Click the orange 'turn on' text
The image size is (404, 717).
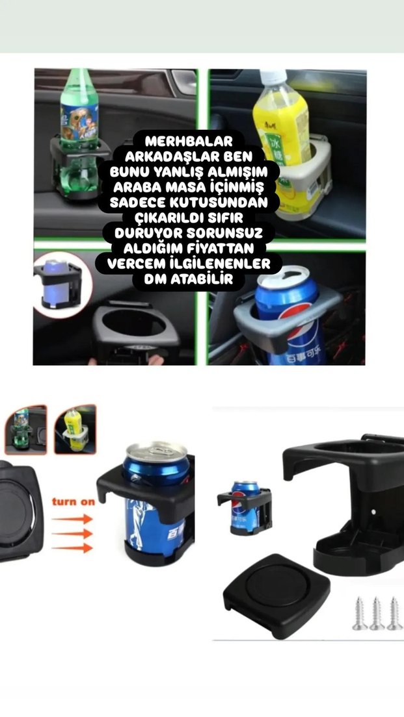click(72, 501)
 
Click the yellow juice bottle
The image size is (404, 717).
click(280, 123)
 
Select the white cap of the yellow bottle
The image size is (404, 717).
click(273, 76)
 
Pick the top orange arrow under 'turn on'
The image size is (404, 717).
click(72, 519)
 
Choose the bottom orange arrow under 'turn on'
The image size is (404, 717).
click(72, 549)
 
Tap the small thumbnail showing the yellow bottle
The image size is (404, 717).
click(75, 429)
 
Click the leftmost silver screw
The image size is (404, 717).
click(360, 613)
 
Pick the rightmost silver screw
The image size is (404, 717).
click(394, 613)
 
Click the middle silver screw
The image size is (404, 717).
click(377, 613)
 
